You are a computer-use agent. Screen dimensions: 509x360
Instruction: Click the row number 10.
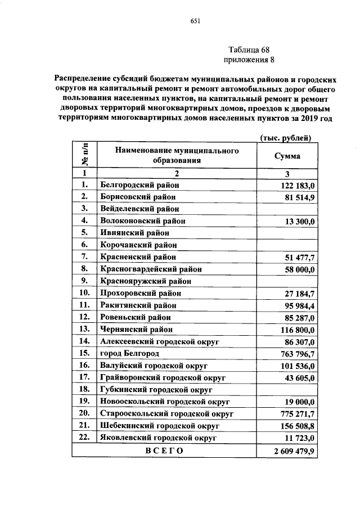point(84,292)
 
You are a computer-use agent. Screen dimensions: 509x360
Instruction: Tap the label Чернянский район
point(136,329)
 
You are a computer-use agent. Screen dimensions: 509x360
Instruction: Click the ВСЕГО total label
point(163,451)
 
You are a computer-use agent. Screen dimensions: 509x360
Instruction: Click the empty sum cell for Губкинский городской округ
point(287,389)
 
